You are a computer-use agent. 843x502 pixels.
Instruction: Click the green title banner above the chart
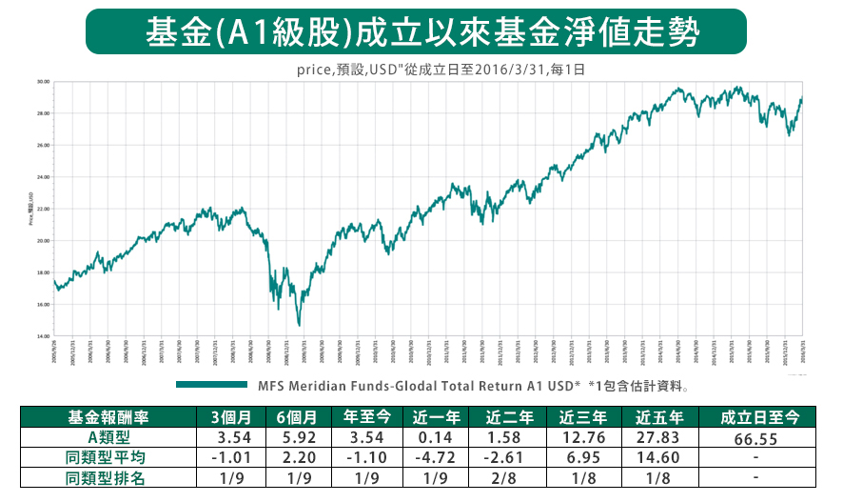(422, 32)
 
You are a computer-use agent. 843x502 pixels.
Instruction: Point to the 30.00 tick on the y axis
(43, 82)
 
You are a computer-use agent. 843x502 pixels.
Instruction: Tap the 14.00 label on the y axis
(43, 336)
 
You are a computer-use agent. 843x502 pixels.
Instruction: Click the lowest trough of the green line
(299, 325)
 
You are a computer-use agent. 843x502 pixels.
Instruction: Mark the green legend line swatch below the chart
(210, 386)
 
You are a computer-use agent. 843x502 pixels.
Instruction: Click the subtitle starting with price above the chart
(440, 70)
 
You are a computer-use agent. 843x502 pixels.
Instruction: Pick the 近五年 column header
(657, 416)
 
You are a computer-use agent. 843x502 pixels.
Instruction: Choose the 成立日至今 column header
(759, 416)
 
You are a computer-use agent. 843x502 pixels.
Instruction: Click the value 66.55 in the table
(759, 438)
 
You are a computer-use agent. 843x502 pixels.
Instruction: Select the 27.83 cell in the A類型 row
(657, 436)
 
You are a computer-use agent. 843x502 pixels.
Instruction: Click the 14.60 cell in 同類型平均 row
(657, 457)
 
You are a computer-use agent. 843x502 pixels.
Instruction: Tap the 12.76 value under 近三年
(581, 436)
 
